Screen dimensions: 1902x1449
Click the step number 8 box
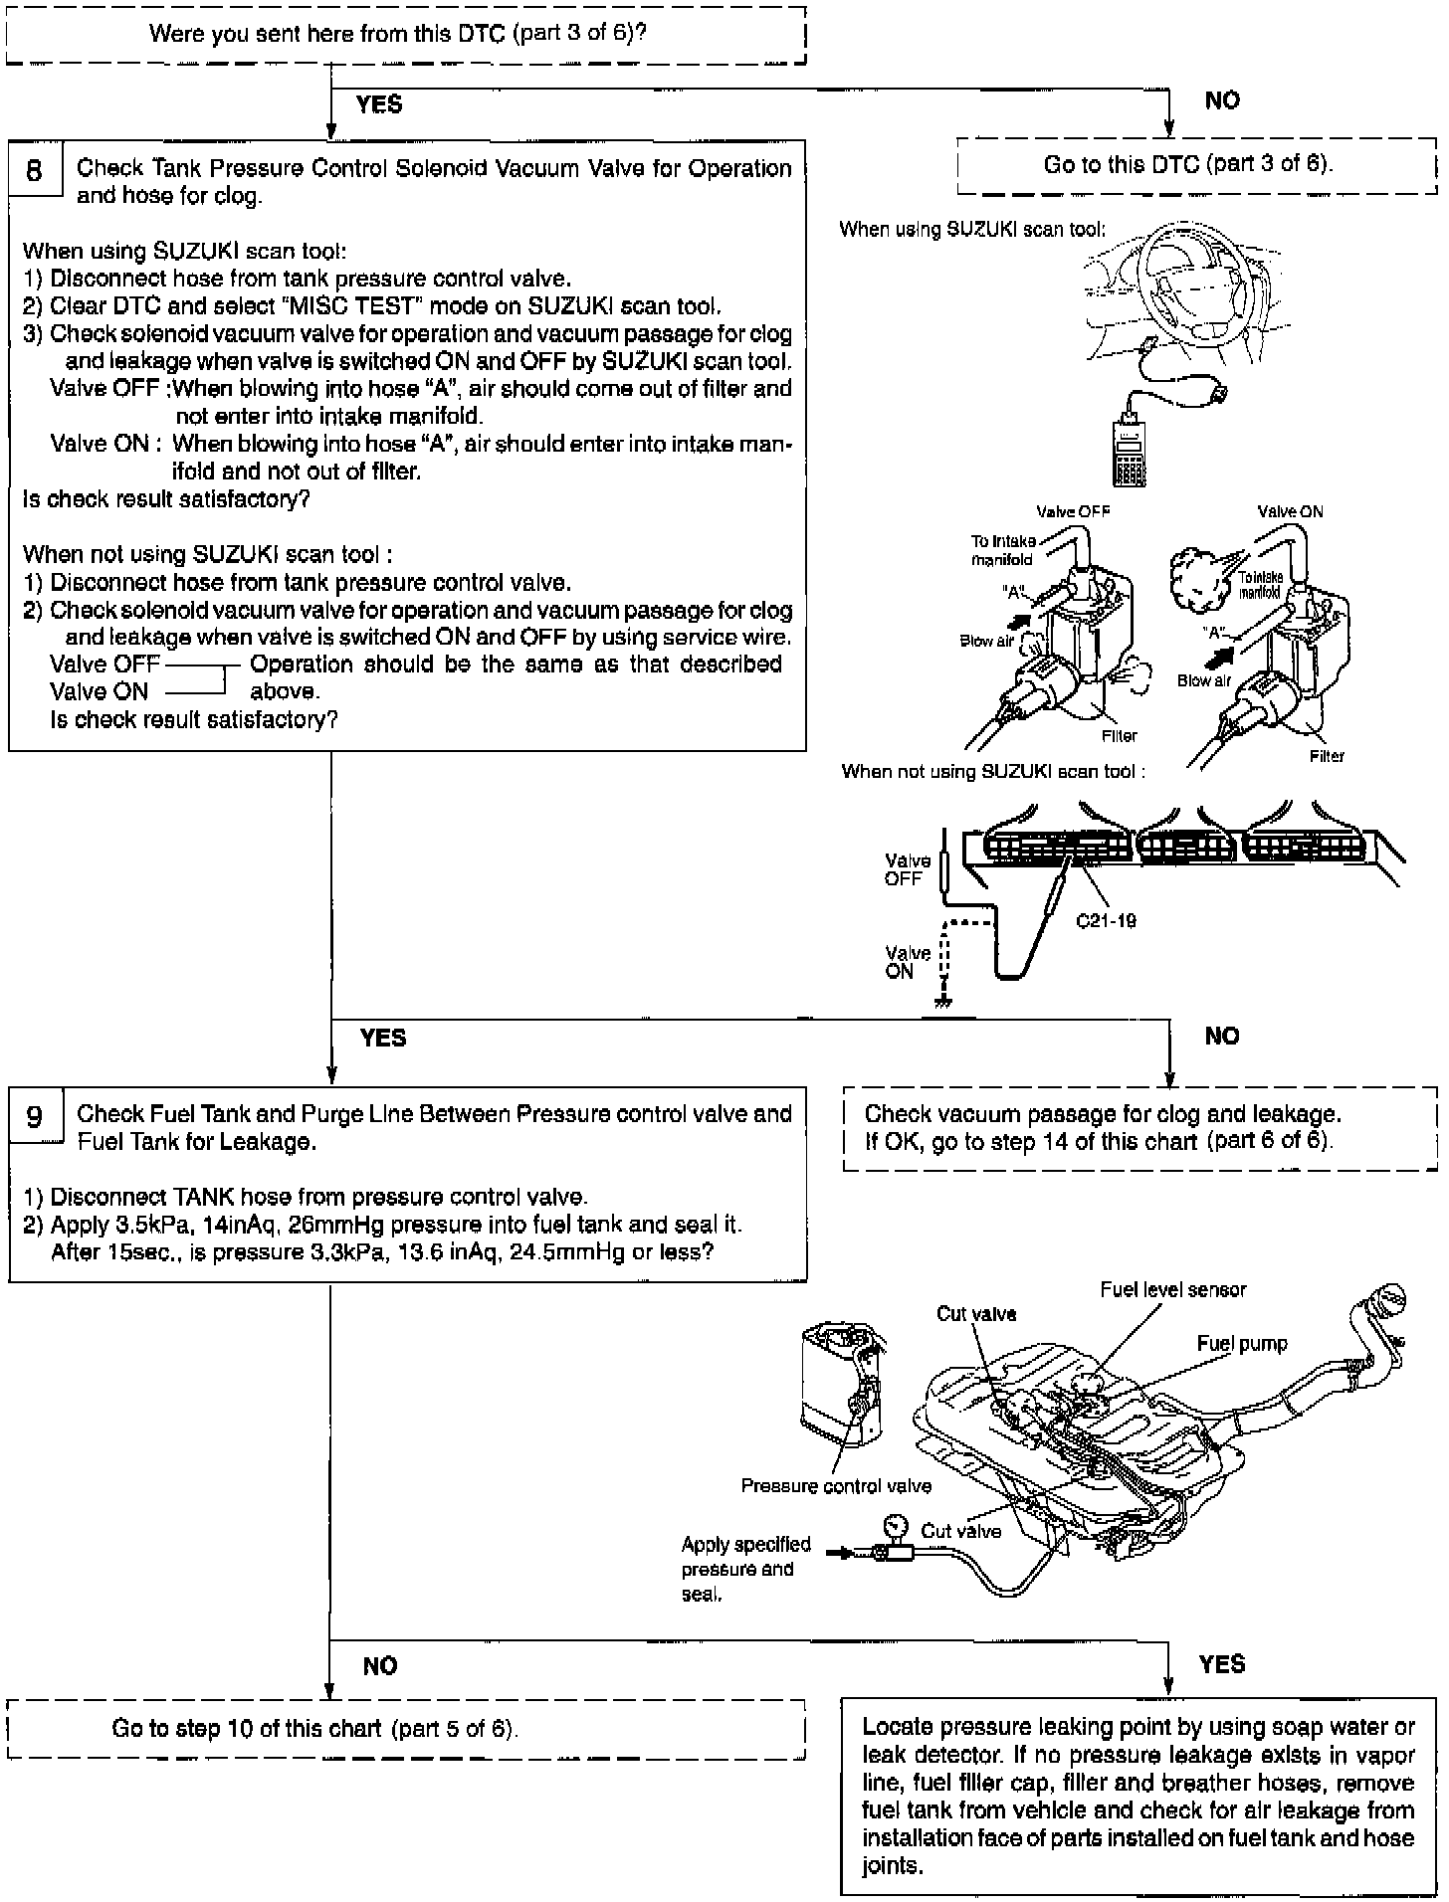tap(35, 171)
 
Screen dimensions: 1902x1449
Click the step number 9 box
tap(35, 1117)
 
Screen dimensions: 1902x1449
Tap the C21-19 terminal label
tap(1106, 921)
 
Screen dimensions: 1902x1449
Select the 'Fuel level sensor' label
tap(1172, 1289)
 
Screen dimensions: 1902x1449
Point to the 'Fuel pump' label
tap(1241, 1344)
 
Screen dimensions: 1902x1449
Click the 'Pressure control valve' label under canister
tap(836, 1486)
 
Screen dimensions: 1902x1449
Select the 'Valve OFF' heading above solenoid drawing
tap(1073, 511)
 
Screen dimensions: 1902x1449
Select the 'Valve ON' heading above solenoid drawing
tap(1290, 511)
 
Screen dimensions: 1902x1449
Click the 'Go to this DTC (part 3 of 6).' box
tap(1188, 164)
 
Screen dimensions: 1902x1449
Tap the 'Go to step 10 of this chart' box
tap(314, 1729)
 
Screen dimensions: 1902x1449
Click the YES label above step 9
tap(383, 1038)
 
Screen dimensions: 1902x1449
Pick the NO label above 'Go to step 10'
tap(380, 1666)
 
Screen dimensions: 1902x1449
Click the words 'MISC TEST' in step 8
tap(344, 306)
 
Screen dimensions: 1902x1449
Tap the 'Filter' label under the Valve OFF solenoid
tap(1119, 736)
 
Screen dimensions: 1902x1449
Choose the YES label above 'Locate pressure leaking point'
tap(1221, 1664)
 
